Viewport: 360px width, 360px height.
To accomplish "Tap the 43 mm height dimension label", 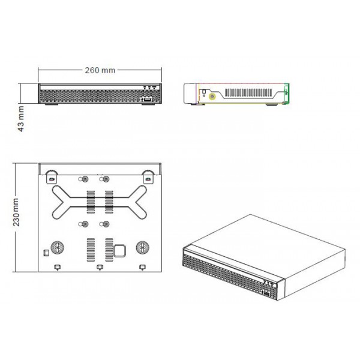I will pyautogui.click(x=20, y=119).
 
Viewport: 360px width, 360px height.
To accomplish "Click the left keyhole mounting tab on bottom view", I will pyautogui.click(x=52, y=178).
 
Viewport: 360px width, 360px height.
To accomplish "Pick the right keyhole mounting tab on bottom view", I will pyautogui.click(x=147, y=178).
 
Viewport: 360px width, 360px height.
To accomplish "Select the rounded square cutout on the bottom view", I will pyautogui.click(x=121, y=249).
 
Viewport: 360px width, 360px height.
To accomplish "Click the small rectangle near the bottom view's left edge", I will pyautogui.click(x=46, y=251).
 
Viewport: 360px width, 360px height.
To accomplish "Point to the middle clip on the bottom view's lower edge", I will pyautogui.click(x=100, y=266).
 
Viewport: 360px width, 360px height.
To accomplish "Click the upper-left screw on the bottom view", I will pyautogui.click(x=84, y=179).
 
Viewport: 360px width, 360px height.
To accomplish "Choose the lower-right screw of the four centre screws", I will pyautogui.click(x=105, y=224).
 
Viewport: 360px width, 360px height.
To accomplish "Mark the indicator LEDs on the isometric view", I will pyautogui.click(x=268, y=281).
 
